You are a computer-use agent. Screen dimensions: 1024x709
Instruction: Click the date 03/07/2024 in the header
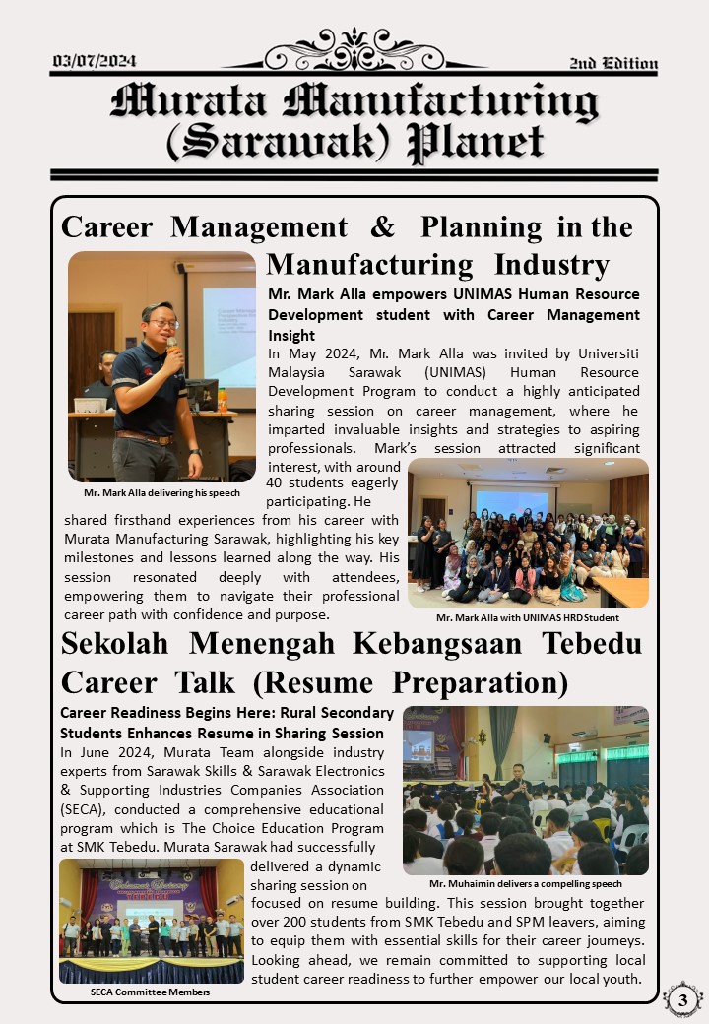95,62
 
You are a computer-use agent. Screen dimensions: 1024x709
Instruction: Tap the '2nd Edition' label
613,64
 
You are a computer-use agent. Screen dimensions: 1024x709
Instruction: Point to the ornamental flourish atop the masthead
354,48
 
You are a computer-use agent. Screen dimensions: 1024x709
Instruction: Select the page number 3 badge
682,1000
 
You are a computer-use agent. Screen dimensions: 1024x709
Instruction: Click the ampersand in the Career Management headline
382,227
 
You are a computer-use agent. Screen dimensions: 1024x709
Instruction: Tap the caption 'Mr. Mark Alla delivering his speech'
161,492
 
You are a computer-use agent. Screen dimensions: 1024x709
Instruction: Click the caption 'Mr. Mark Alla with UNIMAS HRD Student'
528,617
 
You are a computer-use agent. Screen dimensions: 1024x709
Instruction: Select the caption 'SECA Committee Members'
150,992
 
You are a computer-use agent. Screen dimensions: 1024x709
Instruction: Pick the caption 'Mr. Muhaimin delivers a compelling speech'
525,883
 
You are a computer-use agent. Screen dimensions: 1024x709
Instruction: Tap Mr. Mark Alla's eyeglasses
162,323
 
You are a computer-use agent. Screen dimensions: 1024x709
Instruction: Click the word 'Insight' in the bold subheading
291,335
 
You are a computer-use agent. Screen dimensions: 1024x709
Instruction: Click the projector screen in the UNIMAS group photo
511,502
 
